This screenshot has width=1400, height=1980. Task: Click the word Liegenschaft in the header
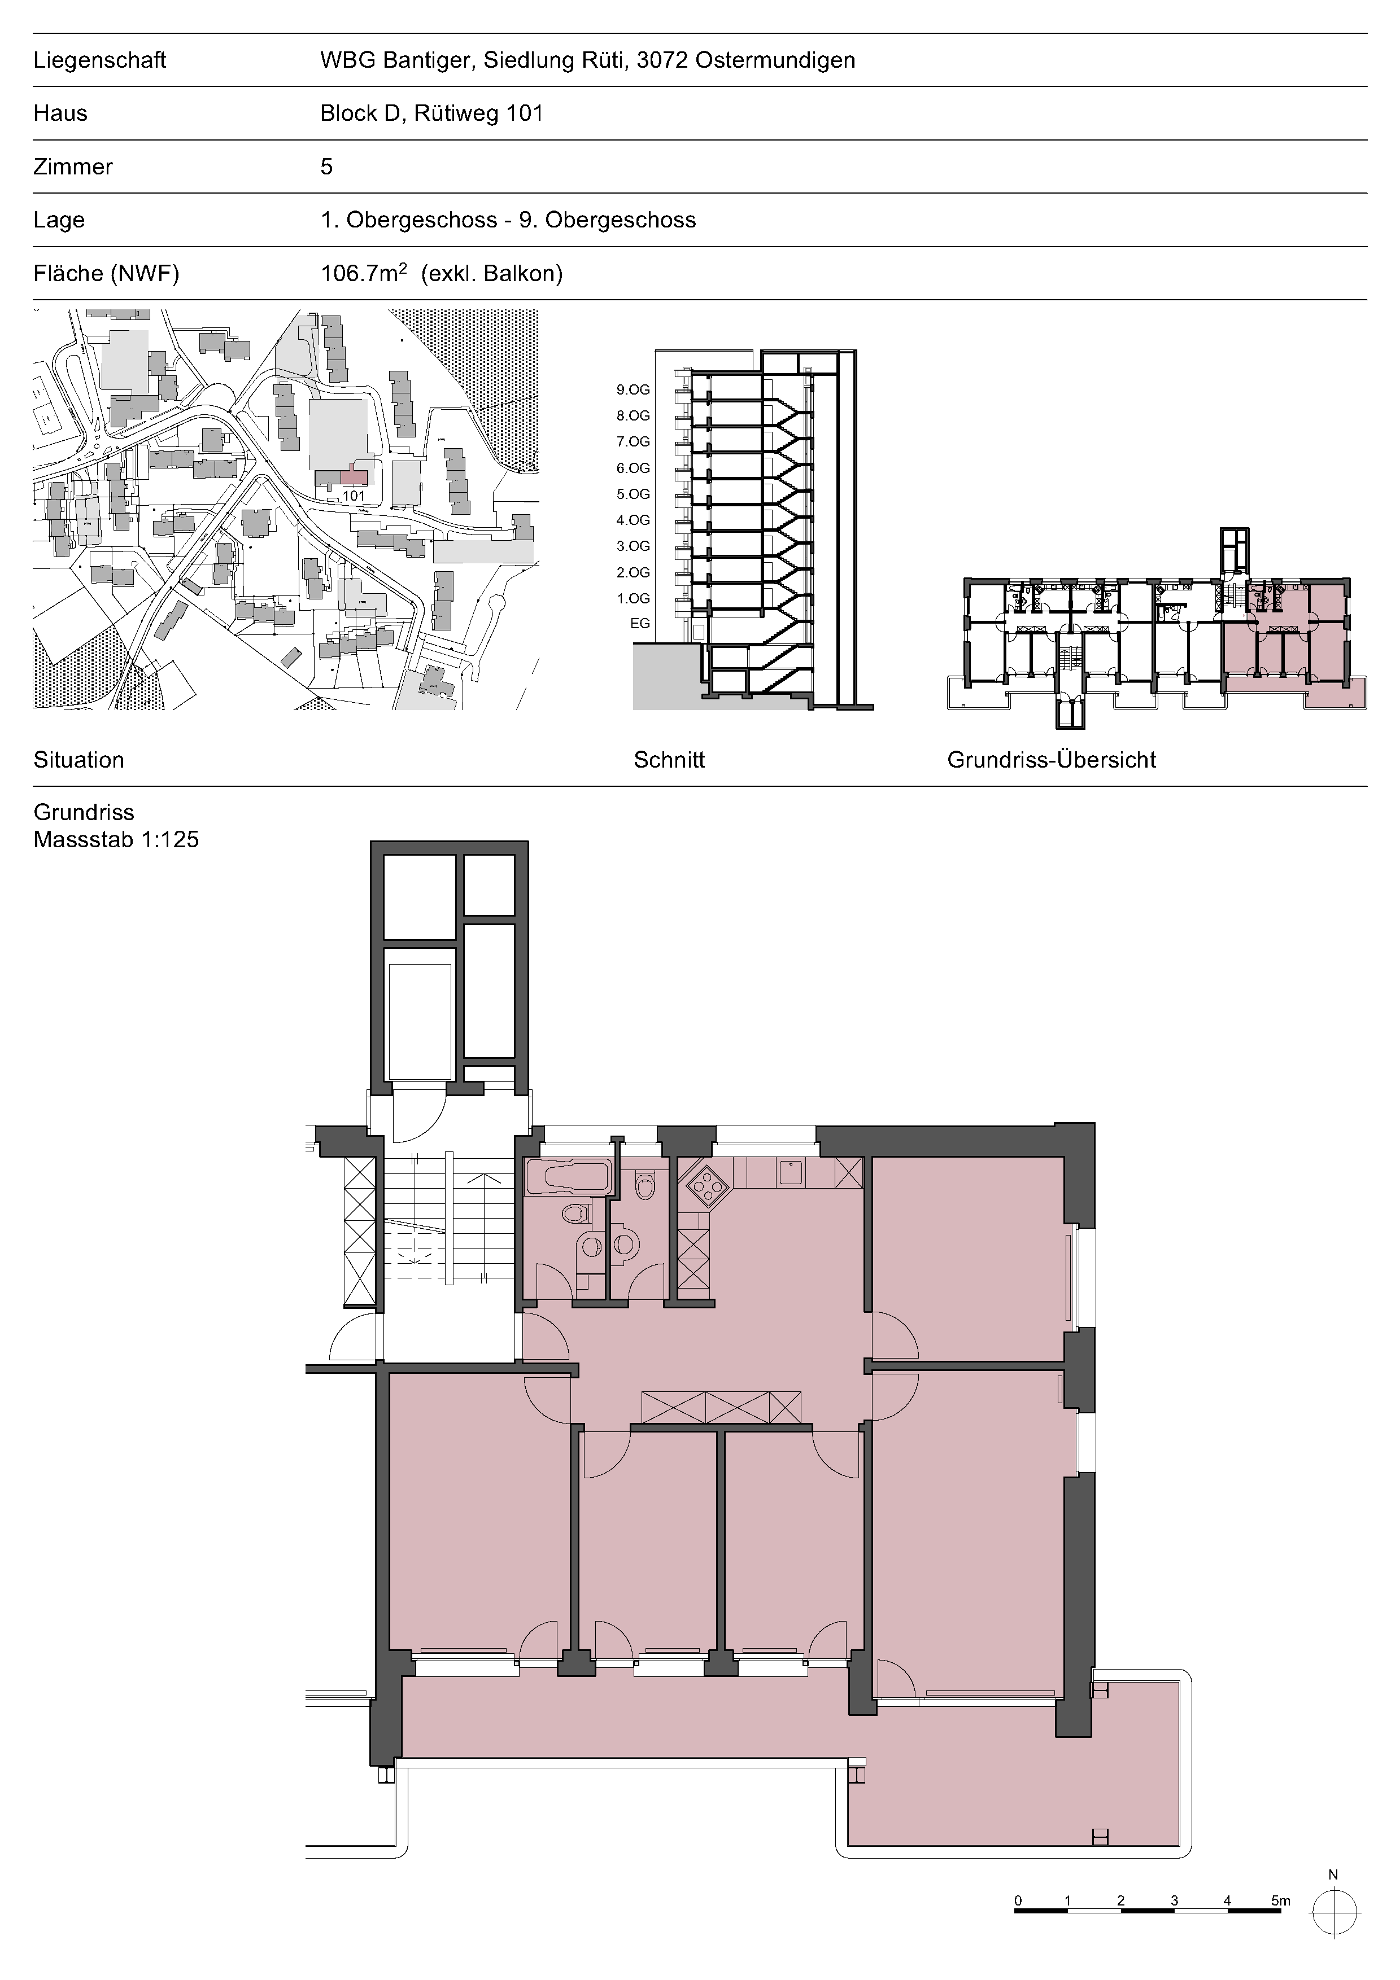coord(99,60)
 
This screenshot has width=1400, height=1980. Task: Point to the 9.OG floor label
coord(633,390)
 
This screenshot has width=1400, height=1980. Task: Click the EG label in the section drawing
coord(640,624)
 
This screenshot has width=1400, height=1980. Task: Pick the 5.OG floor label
coord(633,494)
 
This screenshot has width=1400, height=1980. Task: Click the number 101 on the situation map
coord(354,496)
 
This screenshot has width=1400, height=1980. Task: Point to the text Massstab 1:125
coord(116,839)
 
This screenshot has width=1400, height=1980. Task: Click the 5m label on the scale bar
coord(1280,1900)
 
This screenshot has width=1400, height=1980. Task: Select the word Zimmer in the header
coord(73,167)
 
